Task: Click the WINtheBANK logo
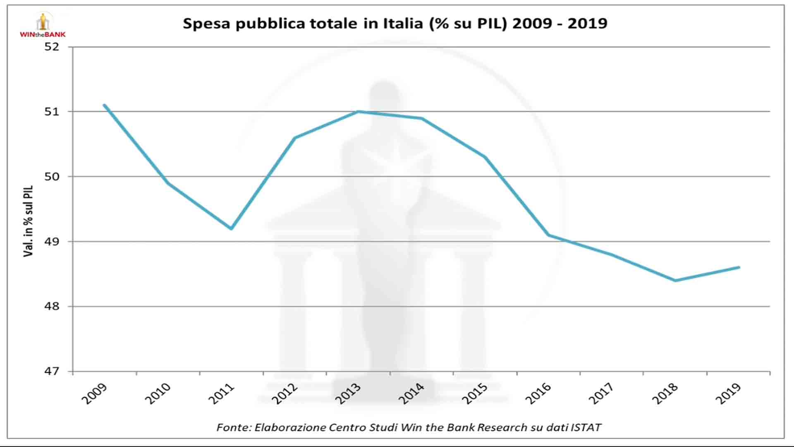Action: (43, 26)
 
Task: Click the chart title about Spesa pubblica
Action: (395, 24)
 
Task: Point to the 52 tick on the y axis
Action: (52, 47)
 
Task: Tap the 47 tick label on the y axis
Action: (52, 371)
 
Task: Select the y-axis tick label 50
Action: (52, 177)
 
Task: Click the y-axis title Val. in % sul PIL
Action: (28, 221)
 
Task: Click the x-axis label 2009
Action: (94, 394)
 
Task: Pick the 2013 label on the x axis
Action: (348, 394)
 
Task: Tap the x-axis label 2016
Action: (538, 394)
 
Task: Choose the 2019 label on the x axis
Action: (728, 394)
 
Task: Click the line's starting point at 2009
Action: (104, 105)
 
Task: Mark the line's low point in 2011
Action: (231, 228)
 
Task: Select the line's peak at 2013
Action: (358, 111)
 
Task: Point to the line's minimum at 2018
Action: (675, 281)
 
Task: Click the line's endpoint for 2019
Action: (739, 267)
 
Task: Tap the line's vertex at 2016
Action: (548, 235)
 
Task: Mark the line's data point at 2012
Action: (294, 138)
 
